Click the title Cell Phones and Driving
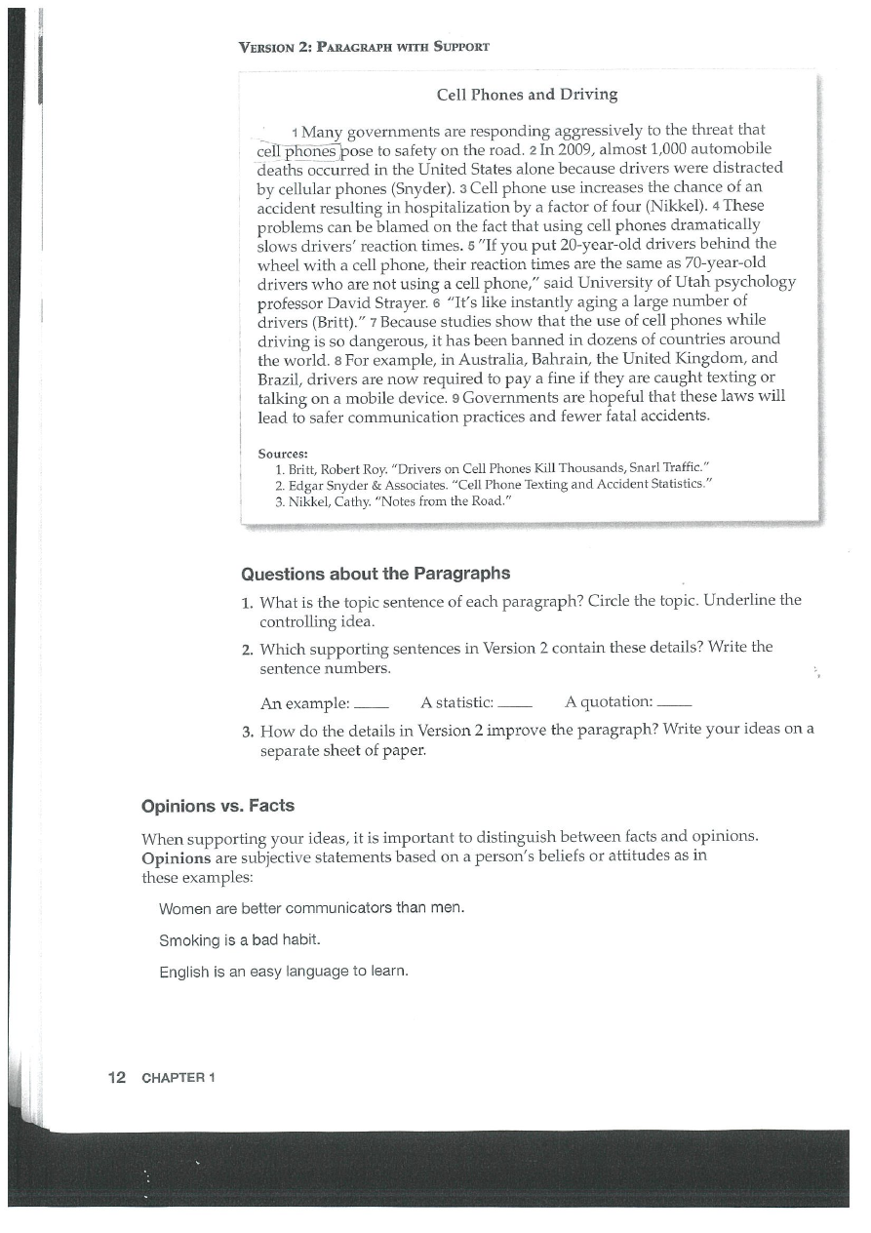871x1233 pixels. (527, 95)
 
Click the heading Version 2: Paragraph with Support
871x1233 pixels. (364, 46)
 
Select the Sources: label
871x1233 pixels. (283, 454)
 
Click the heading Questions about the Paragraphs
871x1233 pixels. (376, 573)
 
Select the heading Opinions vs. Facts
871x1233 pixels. (218, 807)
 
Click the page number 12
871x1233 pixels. (117, 1077)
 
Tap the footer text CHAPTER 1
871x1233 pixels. (178, 1078)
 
